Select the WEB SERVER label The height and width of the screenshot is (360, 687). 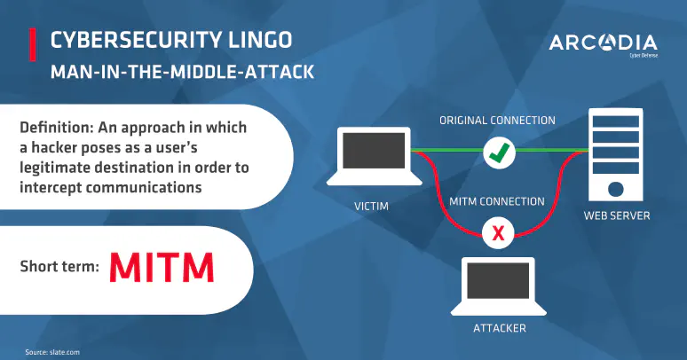(x=615, y=215)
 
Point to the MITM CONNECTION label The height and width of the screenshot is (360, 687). (x=499, y=201)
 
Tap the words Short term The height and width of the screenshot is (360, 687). (x=59, y=266)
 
